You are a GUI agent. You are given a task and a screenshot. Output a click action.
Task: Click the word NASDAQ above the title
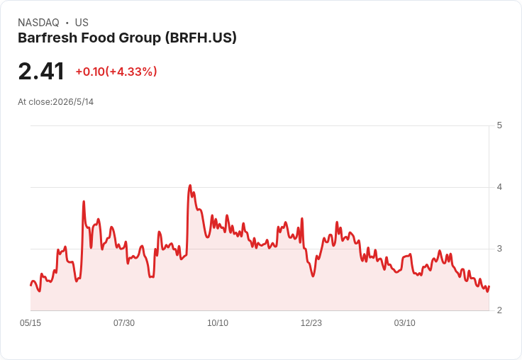[38, 23]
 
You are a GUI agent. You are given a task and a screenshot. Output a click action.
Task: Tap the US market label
[82, 23]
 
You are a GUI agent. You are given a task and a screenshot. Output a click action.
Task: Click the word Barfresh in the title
[48, 38]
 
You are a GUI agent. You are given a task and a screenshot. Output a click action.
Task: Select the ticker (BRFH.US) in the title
[201, 38]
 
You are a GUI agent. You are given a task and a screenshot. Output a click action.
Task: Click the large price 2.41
[41, 71]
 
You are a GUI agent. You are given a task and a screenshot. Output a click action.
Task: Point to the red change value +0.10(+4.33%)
[116, 72]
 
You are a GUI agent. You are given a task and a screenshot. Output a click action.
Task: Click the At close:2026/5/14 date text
[55, 102]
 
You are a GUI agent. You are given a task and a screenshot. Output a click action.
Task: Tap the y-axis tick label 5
[499, 125]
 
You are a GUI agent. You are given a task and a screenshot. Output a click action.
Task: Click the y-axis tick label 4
[499, 187]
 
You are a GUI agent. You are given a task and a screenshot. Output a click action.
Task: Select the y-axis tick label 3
[499, 249]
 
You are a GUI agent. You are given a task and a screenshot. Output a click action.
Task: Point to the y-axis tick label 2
[499, 310]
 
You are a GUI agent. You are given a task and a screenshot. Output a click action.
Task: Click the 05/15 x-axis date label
[30, 322]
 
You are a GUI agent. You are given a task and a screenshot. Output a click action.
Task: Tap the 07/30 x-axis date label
[124, 322]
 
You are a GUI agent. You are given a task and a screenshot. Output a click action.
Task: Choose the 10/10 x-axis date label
[218, 322]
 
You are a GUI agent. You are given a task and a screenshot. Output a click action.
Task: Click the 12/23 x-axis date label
[311, 322]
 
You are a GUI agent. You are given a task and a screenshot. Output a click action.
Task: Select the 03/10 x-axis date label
[405, 322]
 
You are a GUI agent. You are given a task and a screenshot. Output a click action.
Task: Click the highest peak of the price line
[190, 186]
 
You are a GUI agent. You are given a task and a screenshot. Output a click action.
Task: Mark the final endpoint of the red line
[489, 286]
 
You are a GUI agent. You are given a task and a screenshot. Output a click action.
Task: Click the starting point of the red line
[31, 285]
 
